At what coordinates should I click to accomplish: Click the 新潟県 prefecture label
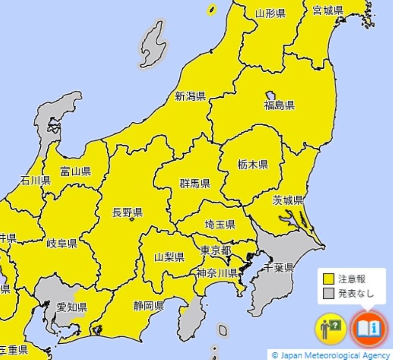pos(190,96)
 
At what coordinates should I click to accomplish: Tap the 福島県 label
pos(279,105)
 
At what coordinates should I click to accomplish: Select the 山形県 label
pos(270,14)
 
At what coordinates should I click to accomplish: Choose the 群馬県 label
pos(195,184)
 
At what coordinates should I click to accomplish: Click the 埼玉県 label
pos(220,224)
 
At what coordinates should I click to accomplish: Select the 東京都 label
pos(216,250)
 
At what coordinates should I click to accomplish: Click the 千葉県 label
pos(279,268)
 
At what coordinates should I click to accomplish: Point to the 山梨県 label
pos(169,257)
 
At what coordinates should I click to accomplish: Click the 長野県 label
pos(127,213)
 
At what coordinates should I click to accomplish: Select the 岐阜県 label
pos(61,244)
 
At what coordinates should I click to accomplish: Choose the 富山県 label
pos(75,171)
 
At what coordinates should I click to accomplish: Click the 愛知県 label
pos(71,307)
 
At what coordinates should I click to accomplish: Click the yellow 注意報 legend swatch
pos(329,279)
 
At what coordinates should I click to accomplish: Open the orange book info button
pos(369,328)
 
